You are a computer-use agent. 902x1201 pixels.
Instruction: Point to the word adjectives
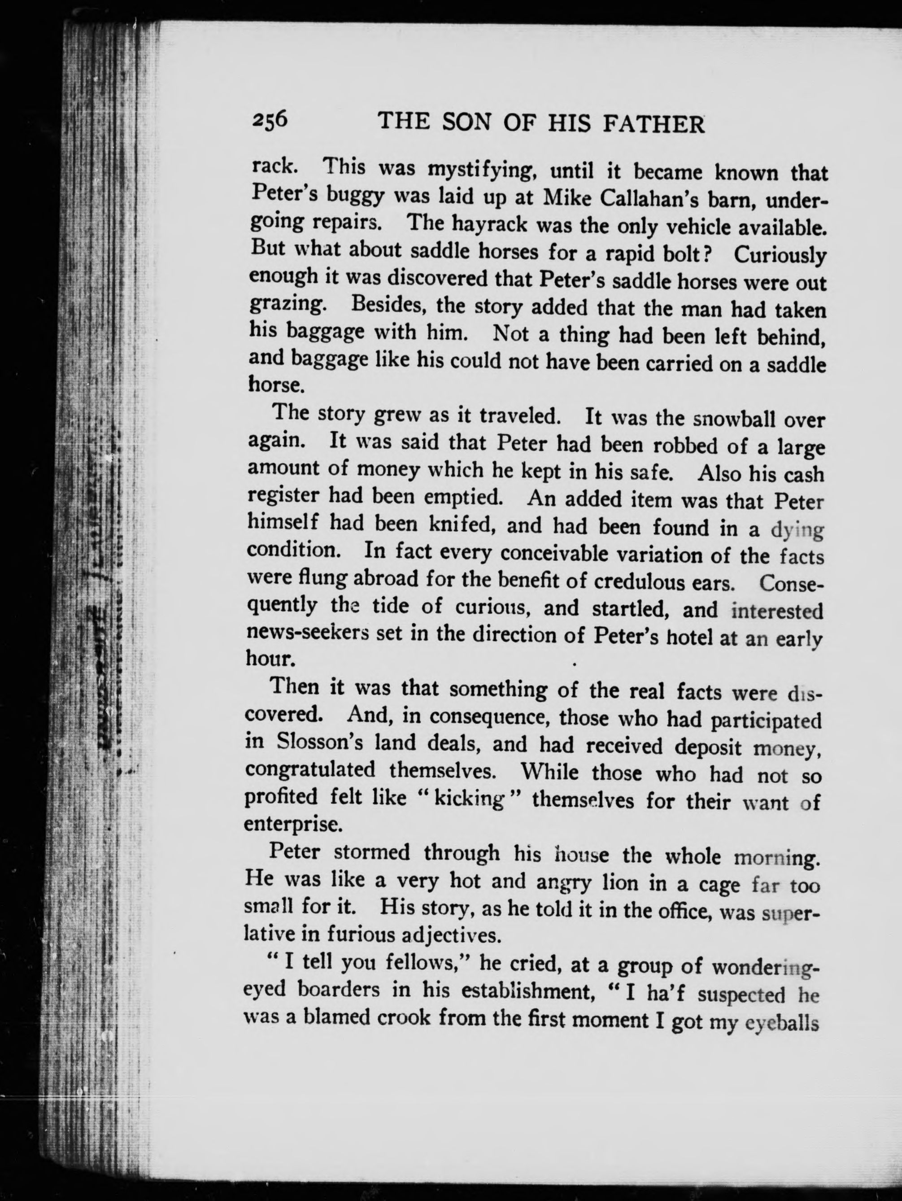pos(439,935)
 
